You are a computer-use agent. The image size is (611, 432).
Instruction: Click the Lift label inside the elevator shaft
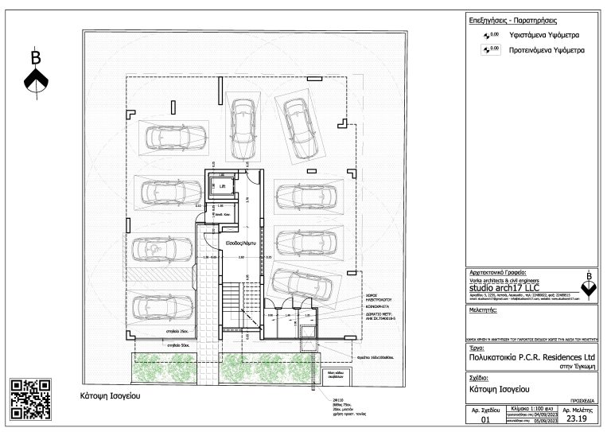[223, 188]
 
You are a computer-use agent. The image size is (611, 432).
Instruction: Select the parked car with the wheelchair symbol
[160, 250]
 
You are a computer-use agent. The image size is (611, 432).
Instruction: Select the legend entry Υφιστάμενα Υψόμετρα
[545, 36]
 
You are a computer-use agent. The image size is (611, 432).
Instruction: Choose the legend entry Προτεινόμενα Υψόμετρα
[547, 49]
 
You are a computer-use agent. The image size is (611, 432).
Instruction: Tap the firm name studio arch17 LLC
[506, 287]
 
